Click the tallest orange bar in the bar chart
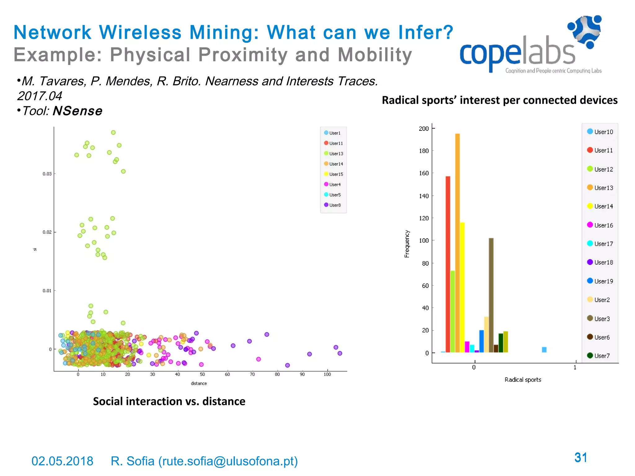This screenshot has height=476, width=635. tap(457, 242)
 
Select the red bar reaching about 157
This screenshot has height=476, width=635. tap(448, 263)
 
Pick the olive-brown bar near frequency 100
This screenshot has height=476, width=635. tap(491, 294)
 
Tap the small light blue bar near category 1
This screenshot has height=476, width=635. tap(544, 350)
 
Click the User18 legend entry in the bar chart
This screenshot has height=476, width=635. tap(600, 262)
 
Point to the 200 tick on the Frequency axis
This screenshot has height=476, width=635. tap(424, 128)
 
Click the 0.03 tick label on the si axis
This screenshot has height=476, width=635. tap(47, 174)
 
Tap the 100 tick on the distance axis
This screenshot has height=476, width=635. tap(327, 374)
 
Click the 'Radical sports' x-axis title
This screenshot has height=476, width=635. tap(523, 380)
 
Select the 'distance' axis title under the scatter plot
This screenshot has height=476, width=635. tap(199, 383)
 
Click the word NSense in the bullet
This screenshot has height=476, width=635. tap(78, 111)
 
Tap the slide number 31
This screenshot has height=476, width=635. tap(581, 458)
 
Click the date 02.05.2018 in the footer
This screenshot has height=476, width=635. tap(62, 461)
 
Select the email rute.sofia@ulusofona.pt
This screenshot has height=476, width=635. tap(228, 461)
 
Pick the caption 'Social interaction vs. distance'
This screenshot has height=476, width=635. tap(169, 401)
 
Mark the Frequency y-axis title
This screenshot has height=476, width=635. tap(407, 244)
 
